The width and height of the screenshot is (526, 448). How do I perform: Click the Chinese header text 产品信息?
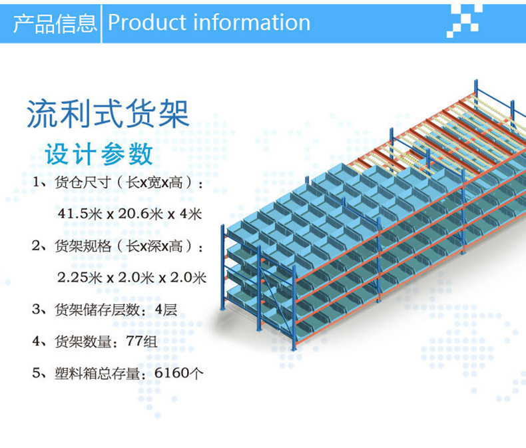pyautogui.click(x=55, y=23)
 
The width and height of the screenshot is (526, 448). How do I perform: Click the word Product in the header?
pyautogui.click(x=147, y=23)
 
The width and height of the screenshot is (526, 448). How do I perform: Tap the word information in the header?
pyautogui.click(x=252, y=23)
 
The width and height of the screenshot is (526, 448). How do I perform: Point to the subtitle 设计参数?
pyautogui.click(x=99, y=154)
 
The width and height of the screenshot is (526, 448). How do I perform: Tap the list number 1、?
pyautogui.click(x=42, y=182)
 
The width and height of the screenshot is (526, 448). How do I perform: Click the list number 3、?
pyautogui.click(x=42, y=310)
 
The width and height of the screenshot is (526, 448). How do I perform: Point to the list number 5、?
pyautogui.click(x=42, y=373)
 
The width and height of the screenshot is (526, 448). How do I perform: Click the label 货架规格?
pyautogui.click(x=77, y=246)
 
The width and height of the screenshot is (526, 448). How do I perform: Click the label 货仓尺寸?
pyautogui.click(x=77, y=182)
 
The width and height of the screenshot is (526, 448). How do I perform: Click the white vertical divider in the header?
pyautogui.click(x=101, y=23)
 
